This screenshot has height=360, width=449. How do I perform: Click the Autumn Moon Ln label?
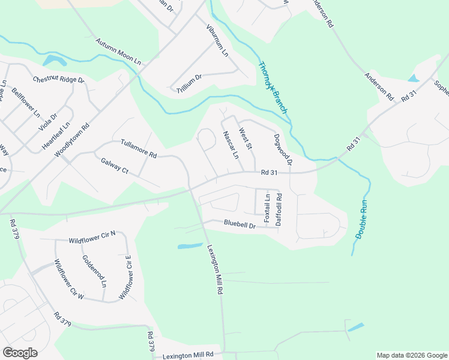(118, 52)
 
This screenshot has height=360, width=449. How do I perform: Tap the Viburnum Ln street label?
(217, 40)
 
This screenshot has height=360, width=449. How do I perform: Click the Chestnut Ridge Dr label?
(59, 79)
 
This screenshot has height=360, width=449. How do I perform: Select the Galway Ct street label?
(115, 166)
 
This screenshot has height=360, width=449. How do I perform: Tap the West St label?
(246, 139)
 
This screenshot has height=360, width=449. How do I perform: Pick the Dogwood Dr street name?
(283, 149)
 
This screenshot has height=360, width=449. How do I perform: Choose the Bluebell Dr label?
(240, 224)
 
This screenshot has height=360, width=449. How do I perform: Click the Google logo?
(20, 352)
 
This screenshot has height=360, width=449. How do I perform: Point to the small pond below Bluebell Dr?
(190, 245)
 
